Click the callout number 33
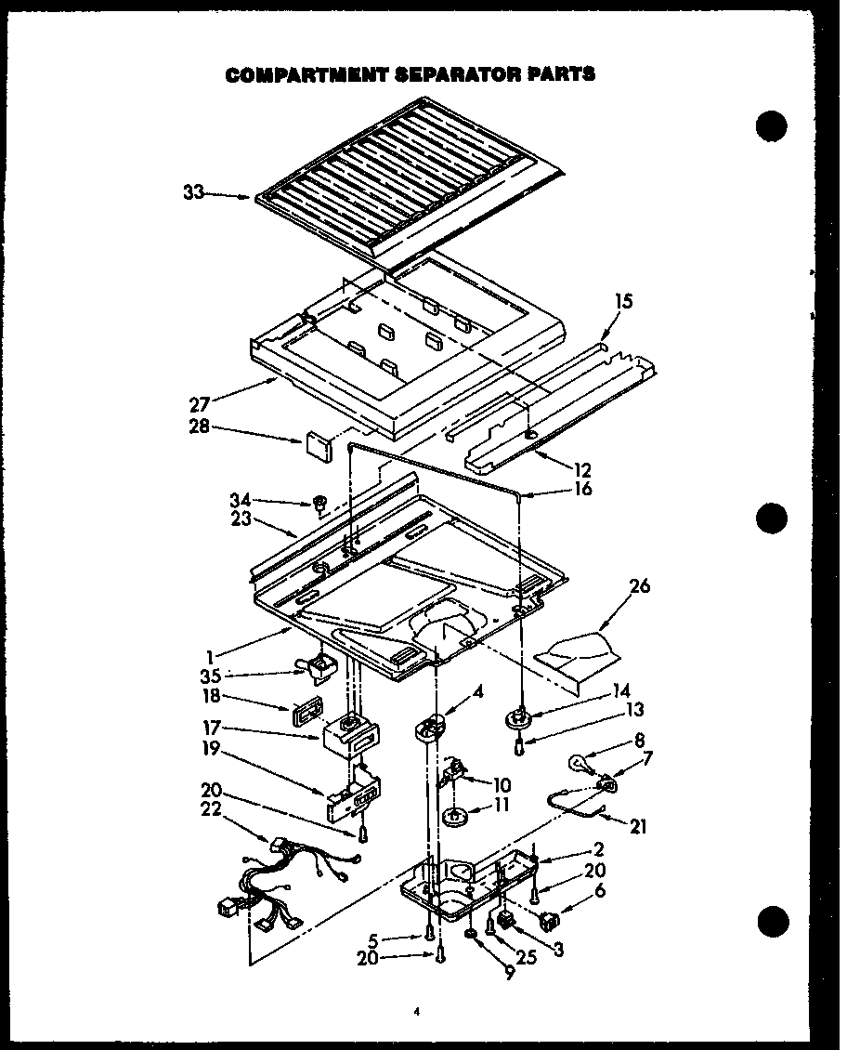(x=193, y=193)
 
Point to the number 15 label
(x=623, y=301)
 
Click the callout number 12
(x=581, y=470)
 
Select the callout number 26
(x=639, y=586)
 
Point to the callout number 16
(x=582, y=489)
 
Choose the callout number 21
(x=638, y=825)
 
